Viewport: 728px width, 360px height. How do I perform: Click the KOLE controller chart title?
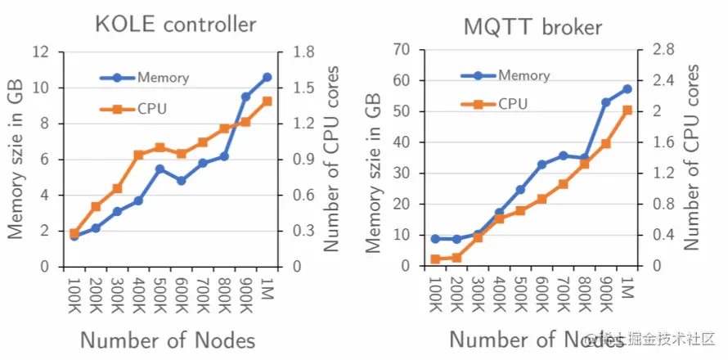175,24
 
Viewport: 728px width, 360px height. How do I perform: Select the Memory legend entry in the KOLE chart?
162,78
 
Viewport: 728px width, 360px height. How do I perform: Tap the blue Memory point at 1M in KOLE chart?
267,77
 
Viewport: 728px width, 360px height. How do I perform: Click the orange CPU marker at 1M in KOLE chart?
267,101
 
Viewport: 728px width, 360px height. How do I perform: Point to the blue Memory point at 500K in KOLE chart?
160,169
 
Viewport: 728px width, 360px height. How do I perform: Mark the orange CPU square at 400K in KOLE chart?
138,155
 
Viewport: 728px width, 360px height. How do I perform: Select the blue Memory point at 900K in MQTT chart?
606,102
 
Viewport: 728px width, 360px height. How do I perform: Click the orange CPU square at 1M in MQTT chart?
627,110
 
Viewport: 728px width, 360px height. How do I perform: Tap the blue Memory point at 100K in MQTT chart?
435,239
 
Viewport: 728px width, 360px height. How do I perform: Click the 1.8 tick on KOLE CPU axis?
292,52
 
